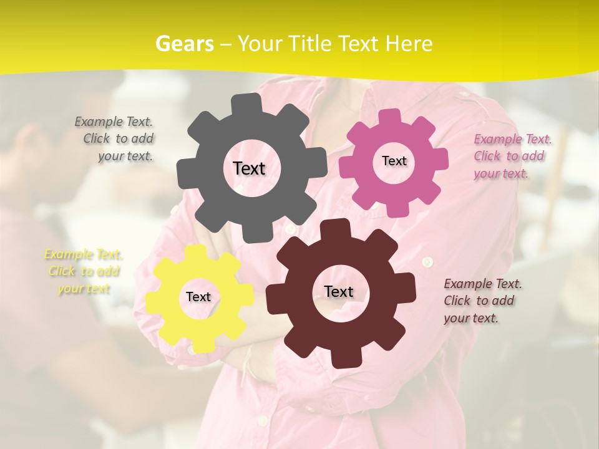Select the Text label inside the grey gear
[249, 168]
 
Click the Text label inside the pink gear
[394, 161]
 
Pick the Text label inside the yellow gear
[198, 297]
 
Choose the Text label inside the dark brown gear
[338, 291]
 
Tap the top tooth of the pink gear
[391, 117]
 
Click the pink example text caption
[512, 156]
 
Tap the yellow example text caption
[83, 271]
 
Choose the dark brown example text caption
[482, 301]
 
